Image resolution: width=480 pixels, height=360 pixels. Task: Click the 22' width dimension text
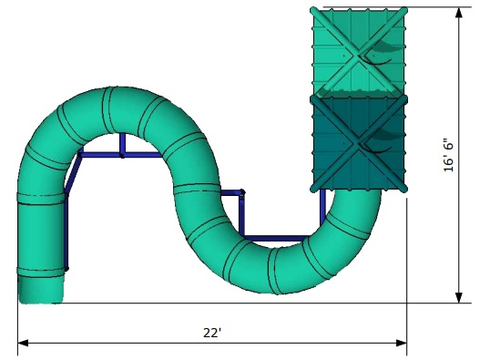pyautogui.click(x=212, y=333)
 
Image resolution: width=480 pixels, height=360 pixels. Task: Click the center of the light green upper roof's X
pyautogui.click(x=358, y=51)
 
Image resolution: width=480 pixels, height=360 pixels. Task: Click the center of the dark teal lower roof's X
pyautogui.click(x=359, y=141)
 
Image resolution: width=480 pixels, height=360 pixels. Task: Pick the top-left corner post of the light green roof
pyautogui.click(x=314, y=10)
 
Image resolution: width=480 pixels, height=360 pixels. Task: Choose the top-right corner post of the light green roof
pyautogui.click(x=403, y=10)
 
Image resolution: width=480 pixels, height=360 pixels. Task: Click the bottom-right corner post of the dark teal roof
pyautogui.click(x=403, y=188)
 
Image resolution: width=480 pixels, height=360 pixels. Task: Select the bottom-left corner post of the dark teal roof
pyautogui.click(x=315, y=188)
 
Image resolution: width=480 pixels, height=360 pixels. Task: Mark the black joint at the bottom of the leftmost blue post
pyautogui.click(x=66, y=269)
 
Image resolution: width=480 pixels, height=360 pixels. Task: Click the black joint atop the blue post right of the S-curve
pyautogui.click(x=242, y=192)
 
